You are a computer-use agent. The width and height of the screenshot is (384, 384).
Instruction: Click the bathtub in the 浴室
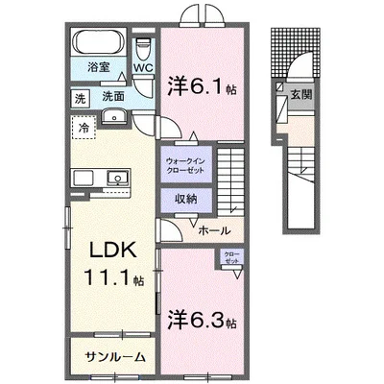(x=97, y=45)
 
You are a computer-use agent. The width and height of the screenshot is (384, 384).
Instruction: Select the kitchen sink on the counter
(x=120, y=177)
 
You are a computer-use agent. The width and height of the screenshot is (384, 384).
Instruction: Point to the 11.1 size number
(x=109, y=280)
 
